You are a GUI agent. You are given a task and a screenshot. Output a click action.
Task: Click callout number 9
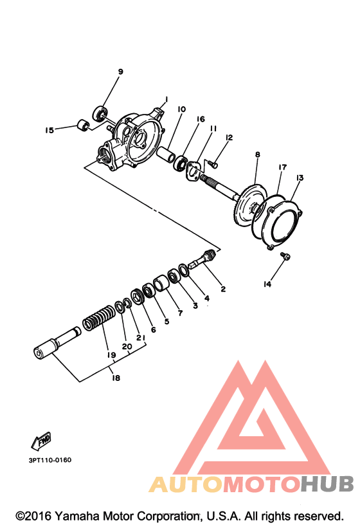click(x=120, y=71)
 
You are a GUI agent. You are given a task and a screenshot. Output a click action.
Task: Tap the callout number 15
click(x=50, y=130)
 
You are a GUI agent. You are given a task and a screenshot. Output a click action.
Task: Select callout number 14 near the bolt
click(x=267, y=284)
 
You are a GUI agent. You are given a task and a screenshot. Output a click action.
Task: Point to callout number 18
click(x=116, y=378)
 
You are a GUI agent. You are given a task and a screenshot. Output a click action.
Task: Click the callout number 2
click(x=223, y=289)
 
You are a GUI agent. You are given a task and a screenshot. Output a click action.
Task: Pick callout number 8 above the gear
click(x=257, y=154)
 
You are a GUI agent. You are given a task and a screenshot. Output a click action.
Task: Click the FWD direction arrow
click(x=40, y=441)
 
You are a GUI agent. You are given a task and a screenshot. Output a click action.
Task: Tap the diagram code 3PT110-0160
click(x=50, y=460)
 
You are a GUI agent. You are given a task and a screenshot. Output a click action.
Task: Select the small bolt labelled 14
click(x=285, y=256)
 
